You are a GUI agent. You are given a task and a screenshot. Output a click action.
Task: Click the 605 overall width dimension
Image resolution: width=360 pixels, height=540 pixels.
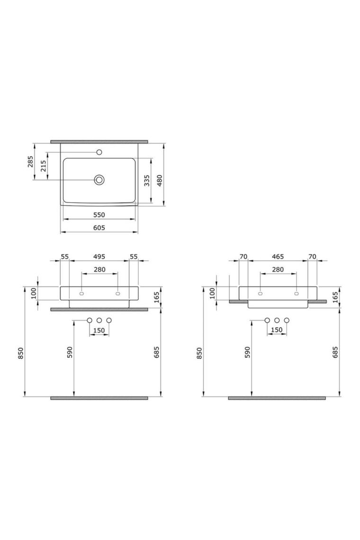coord(99,227)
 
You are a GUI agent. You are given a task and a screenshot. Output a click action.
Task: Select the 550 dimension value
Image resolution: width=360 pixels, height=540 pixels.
coord(99,215)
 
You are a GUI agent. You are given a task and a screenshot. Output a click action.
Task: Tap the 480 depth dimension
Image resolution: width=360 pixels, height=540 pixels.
coord(159,180)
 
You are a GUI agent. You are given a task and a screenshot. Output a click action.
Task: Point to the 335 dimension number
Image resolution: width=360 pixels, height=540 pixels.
coord(147,180)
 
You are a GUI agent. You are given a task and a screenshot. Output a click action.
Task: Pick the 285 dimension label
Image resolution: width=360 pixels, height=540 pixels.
coord(30,162)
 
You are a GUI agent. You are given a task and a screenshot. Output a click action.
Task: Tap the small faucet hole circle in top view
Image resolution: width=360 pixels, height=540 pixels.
coord(99,152)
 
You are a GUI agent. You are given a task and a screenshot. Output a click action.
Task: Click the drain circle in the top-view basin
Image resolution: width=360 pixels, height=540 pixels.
coord(99,180)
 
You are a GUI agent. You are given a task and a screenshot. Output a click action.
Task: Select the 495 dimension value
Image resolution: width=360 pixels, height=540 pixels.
coord(99,257)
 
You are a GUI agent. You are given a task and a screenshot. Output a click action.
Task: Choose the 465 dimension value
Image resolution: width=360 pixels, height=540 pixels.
coord(278,257)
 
